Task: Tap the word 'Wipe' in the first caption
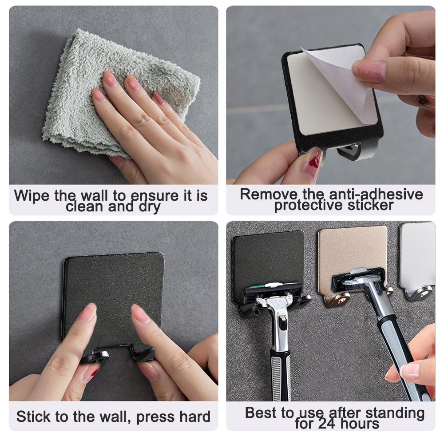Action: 32,196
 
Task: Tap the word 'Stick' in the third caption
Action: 34,417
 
